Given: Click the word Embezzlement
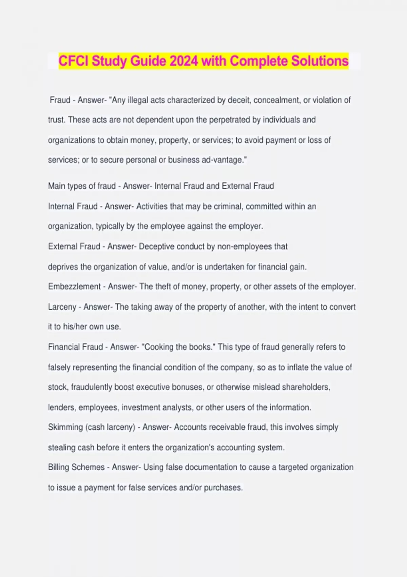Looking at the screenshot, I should (x=74, y=287).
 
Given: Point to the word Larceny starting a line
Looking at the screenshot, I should (x=62, y=307).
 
